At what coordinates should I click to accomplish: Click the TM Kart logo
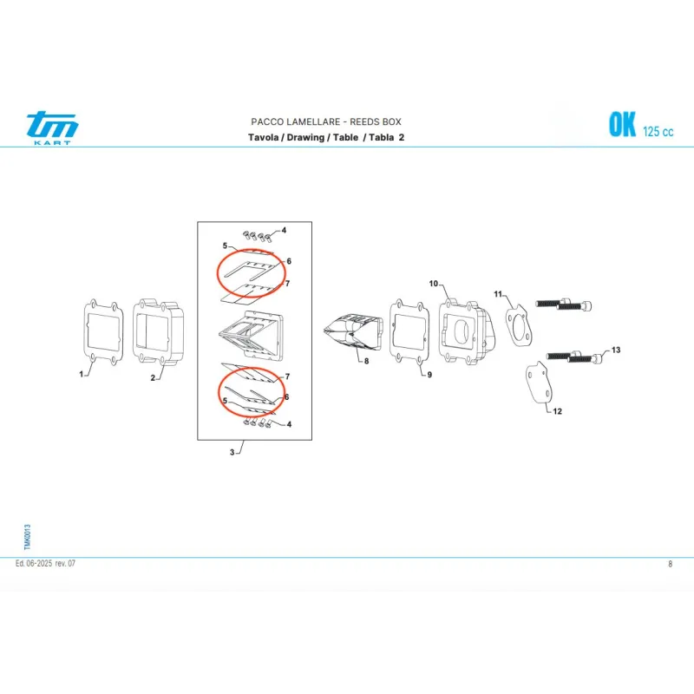[x=52, y=128]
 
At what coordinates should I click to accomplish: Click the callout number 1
[x=81, y=375]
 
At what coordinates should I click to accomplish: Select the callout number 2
[x=153, y=378]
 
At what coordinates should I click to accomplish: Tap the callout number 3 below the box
[x=232, y=452]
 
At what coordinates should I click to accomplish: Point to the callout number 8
[x=366, y=361]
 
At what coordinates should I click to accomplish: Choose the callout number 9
[x=429, y=375]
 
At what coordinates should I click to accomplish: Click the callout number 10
[x=433, y=284]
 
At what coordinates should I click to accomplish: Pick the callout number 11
[x=498, y=294]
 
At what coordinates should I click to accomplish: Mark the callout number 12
[x=557, y=411]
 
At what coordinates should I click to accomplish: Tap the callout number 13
[x=616, y=350]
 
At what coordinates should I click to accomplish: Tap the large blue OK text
[x=622, y=124]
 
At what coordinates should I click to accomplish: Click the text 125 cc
[x=658, y=132]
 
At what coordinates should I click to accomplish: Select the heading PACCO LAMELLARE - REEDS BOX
[x=326, y=121]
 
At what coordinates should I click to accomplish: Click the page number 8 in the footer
[x=670, y=564]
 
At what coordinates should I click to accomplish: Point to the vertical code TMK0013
[x=28, y=537]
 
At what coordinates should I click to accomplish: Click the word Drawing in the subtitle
[x=305, y=137]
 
